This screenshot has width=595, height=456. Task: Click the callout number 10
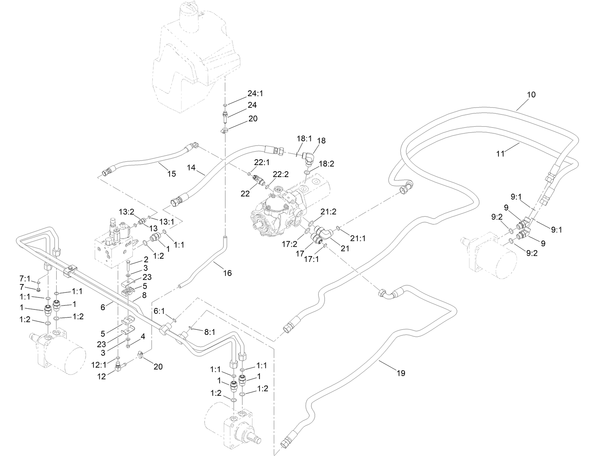(531, 95)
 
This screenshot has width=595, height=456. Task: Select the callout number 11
(500, 154)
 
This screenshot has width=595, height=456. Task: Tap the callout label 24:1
(255, 93)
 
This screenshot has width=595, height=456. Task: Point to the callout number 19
(401, 373)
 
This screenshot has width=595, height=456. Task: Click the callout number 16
(227, 273)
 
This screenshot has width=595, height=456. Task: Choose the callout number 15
(172, 174)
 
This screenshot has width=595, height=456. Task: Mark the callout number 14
(191, 167)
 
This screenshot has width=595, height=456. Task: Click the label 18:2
(326, 164)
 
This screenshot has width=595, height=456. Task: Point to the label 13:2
(127, 211)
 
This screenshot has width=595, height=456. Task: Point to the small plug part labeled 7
(38, 289)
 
